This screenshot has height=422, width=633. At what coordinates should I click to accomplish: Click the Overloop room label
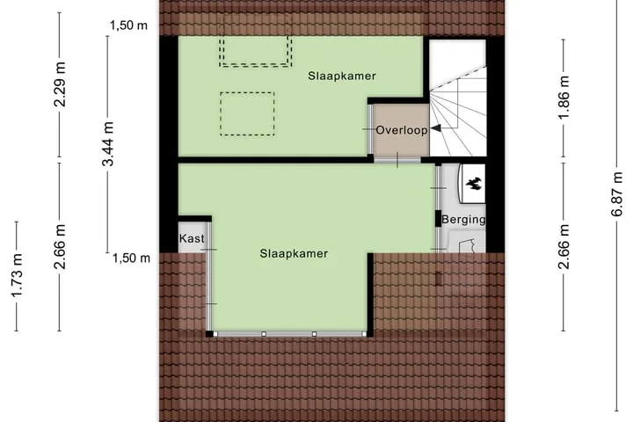click(x=402, y=130)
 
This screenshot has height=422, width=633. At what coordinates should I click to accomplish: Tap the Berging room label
click(x=463, y=219)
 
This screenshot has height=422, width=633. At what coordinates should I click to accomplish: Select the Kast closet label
click(x=192, y=238)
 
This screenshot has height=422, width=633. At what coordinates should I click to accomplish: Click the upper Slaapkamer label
click(x=342, y=76)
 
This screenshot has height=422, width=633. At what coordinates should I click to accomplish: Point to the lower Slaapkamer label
click(x=294, y=253)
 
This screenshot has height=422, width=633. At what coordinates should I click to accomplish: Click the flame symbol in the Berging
click(x=474, y=183)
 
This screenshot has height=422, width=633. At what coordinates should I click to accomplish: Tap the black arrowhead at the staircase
click(x=435, y=129)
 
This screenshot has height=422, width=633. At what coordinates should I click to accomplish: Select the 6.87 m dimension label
click(x=617, y=194)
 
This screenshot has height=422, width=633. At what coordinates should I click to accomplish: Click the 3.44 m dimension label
click(x=108, y=144)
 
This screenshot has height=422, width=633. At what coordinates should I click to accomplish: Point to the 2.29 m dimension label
click(x=60, y=84)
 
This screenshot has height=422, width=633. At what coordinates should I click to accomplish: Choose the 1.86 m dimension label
click(x=564, y=97)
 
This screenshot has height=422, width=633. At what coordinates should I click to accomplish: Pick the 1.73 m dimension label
click(x=17, y=276)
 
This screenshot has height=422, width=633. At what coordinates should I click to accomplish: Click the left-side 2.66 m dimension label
click(x=60, y=247)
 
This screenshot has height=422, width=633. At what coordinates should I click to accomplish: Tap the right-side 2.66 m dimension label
click(x=564, y=247)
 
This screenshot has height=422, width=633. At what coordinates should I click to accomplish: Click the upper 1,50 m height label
click(x=128, y=25)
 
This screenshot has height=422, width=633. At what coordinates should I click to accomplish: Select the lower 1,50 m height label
click(x=131, y=258)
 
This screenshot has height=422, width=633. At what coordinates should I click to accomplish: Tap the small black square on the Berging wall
click(x=438, y=219)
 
